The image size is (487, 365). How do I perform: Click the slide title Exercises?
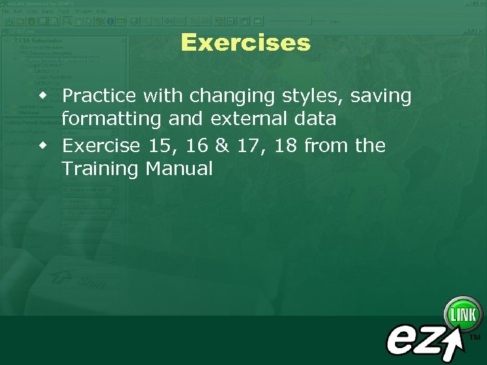coord(246,43)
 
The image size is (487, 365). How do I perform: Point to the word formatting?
coord(108,120)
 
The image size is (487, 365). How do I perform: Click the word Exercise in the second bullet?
coord(101,145)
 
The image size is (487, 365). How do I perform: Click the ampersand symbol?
coord(224,145)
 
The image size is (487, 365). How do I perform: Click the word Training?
coord(99,169)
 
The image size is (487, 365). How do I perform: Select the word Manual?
coord(179,168)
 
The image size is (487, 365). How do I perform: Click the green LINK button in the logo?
coord(463,315)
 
